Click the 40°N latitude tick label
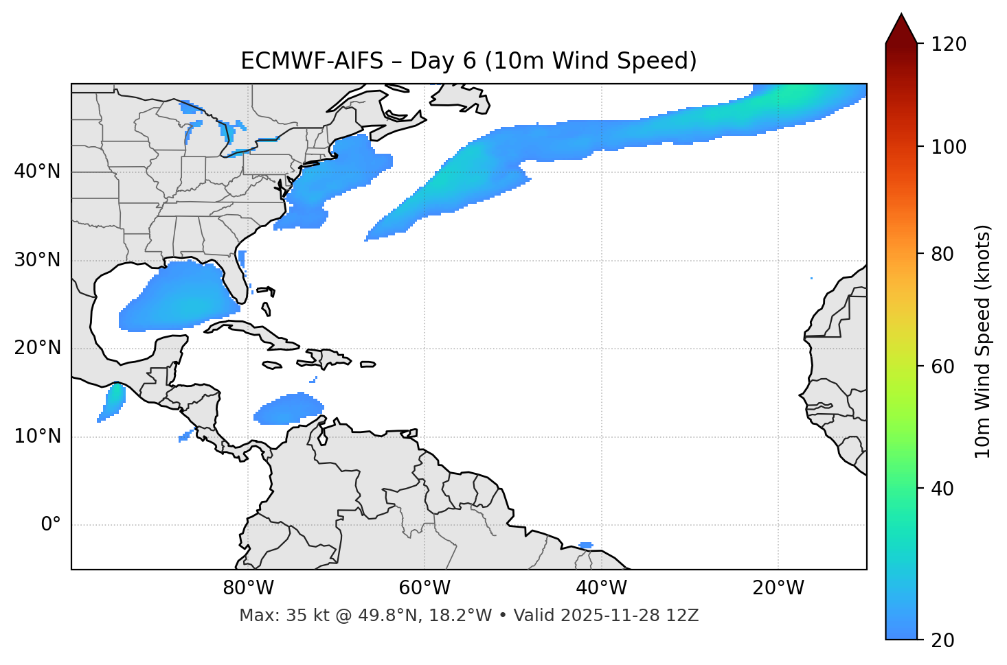coord(37,172)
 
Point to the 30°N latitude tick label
coord(37,260)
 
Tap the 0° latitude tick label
coord(50,525)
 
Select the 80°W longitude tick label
coord(248,588)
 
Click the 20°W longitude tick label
coord(778,588)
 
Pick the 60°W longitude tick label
coord(424,588)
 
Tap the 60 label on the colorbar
coord(942,366)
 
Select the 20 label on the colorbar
coord(942,640)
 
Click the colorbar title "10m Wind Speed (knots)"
coord(982,341)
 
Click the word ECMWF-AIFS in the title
coord(312,61)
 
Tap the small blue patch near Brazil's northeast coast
coord(585,546)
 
